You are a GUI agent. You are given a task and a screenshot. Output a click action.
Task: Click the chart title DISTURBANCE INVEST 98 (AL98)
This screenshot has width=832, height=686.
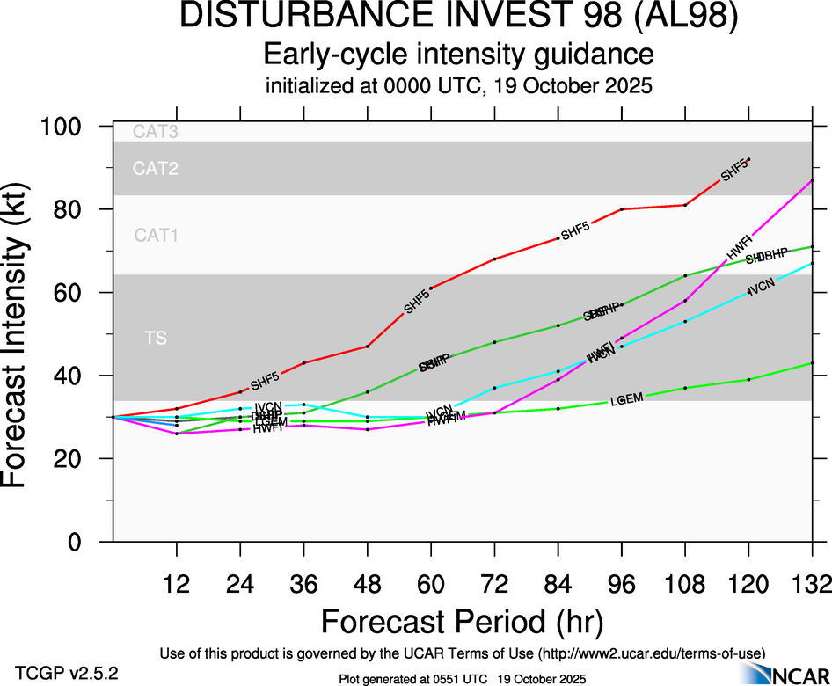click(458, 17)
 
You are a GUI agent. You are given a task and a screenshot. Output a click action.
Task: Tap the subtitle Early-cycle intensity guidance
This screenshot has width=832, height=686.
click(458, 55)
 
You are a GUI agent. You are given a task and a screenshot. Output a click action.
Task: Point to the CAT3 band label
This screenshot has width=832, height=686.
click(156, 132)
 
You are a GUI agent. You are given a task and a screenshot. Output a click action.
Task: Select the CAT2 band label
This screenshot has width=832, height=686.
click(156, 169)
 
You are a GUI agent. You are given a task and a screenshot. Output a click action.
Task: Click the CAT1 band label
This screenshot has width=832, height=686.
click(156, 235)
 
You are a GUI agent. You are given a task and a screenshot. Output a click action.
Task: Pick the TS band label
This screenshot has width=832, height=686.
click(156, 338)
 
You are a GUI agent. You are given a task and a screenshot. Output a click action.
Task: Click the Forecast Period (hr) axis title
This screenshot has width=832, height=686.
click(462, 622)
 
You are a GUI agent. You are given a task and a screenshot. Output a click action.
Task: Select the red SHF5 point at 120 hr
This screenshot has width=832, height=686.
click(748, 159)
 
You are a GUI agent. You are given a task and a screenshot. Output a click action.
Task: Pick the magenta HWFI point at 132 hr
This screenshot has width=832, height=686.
click(812, 180)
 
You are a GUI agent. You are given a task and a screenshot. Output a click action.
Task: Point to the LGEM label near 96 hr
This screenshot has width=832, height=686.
click(627, 399)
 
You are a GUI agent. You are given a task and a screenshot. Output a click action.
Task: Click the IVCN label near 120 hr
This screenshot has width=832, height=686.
click(762, 289)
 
